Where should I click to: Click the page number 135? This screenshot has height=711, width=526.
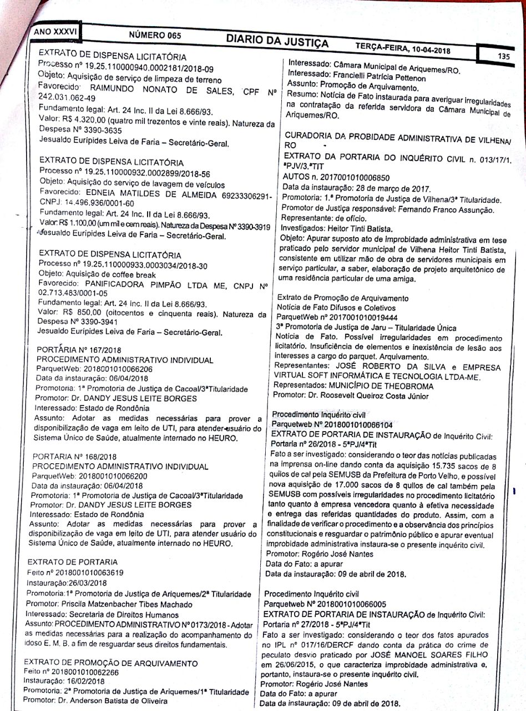click(504, 56)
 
